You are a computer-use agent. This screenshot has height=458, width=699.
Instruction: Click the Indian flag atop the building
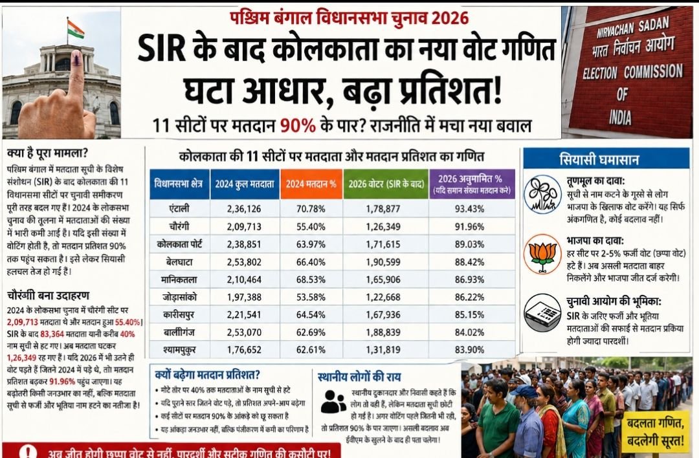(x=75, y=29)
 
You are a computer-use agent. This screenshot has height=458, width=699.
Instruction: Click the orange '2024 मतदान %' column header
(x=311, y=184)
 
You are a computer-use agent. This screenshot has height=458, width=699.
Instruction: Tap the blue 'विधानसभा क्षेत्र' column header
(x=179, y=184)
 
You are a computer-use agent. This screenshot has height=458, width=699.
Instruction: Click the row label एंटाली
(x=179, y=208)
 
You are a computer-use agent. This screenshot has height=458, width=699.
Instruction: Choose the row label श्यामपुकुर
(x=179, y=350)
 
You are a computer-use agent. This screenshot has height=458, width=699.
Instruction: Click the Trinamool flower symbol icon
(x=542, y=194)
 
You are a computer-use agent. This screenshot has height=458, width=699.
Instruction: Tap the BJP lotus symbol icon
(x=542, y=253)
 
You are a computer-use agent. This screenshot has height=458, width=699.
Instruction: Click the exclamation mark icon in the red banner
(x=28, y=451)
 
